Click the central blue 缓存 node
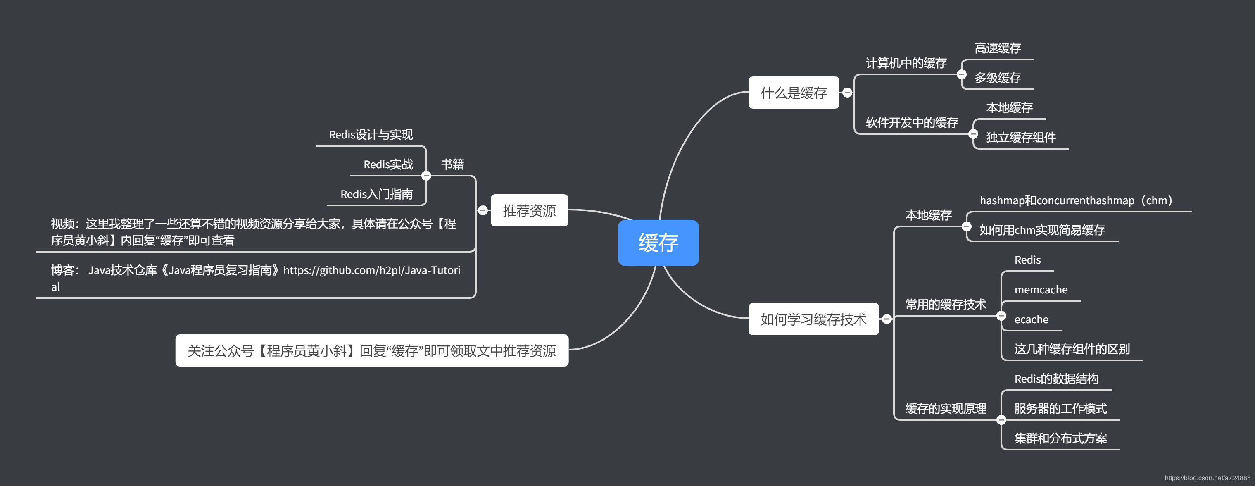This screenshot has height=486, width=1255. [x=658, y=243]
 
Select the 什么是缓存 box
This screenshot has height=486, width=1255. [x=793, y=93]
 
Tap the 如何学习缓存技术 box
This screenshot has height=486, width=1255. [x=813, y=319]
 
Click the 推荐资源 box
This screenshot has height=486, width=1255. [x=529, y=211]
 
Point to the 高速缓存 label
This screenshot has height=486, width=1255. [x=997, y=48]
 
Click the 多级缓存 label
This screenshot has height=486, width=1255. [x=997, y=78]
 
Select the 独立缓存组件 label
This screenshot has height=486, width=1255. [x=1021, y=138]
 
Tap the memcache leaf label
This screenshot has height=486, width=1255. [x=1041, y=290]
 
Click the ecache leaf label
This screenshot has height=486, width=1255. [x=1031, y=320]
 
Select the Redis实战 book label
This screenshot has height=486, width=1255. [x=388, y=165]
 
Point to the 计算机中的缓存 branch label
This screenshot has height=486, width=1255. [x=906, y=63]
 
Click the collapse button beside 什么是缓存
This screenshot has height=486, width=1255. [x=847, y=93]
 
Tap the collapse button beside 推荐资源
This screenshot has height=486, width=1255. [x=483, y=211]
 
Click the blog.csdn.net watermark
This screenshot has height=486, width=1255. [x=1207, y=478]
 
